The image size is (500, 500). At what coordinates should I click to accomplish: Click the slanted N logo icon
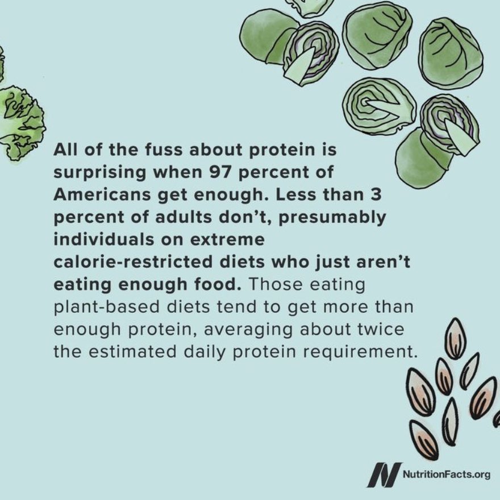[x=384, y=474]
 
